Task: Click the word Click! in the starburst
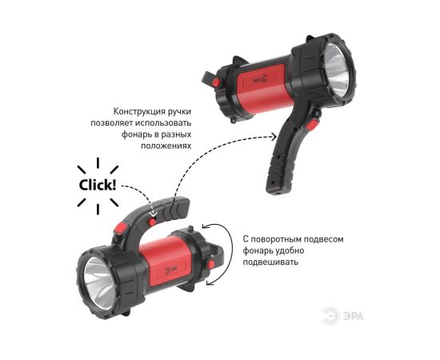pyautogui.click(x=98, y=185)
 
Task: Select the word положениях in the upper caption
pyautogui.click(x=166, y=146)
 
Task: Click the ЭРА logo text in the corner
pyautogui.click(x=354, y=317)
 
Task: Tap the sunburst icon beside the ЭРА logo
pyautogui.click(x=331, y=316)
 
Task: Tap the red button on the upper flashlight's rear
pyautogui.click(x=216, y=82)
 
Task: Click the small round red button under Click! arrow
pyautogui.click(x=152, y=222)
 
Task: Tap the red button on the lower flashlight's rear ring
pyautogui.click(x=210, y=264)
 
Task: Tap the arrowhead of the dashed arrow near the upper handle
pyautogui.click(x=274, y=137)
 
